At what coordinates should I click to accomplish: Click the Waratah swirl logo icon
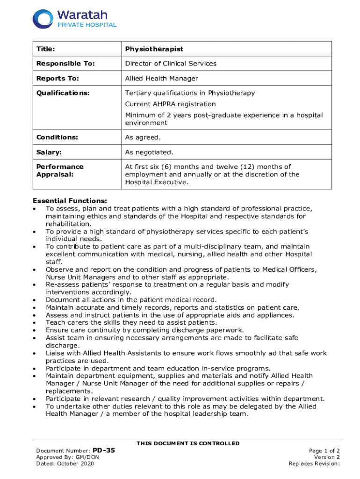pos(43,18)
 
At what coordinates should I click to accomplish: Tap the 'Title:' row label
pos(46,49)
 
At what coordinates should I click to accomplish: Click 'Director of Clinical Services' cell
pos(171,64)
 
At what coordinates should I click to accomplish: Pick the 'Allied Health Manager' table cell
pos(161,78)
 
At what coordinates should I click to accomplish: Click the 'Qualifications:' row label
pos(63,93)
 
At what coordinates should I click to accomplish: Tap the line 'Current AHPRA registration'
pos(170,104)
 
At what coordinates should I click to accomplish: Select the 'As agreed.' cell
pos(143,137)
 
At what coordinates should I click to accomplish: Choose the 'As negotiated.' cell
pos(149,152)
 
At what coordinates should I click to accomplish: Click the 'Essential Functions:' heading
pos(70,201)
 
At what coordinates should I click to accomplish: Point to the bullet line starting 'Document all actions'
pos(131,299)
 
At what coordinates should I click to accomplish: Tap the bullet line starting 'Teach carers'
pos(131,322)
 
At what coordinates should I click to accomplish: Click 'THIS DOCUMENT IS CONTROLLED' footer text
pos(188,443)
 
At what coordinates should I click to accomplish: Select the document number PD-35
pos(104,450)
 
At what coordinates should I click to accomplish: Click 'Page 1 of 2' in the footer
pos(324,450)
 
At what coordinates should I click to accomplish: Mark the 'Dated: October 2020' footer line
pos(65,464)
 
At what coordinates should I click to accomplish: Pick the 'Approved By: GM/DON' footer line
pos(67,457)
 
